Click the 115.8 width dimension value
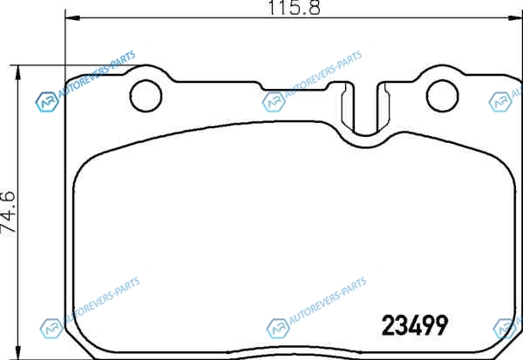point(295,7)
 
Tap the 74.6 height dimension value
point(8,212)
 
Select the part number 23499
point(415,326)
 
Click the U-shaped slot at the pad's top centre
point(365,133)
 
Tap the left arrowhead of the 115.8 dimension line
point(72,17)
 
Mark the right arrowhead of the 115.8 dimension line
point(515,17)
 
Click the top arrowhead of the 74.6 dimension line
point(18,72)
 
